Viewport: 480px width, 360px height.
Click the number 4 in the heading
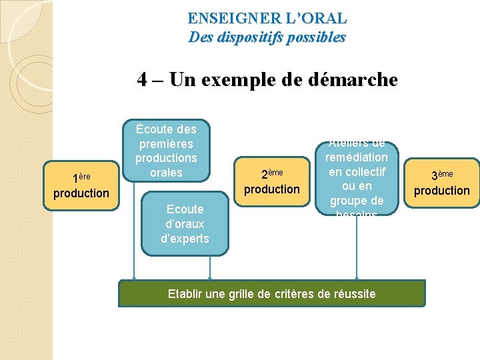click(x=142, y=81)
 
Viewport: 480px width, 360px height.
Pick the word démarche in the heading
click(x=357, y=81)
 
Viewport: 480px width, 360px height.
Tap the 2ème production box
click(x=272, y=182)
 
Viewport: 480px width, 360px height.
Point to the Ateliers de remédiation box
click(x=357, y=179)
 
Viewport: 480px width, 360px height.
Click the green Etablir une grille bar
click(x=271, y=293)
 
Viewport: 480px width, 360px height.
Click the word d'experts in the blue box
click(x=185, y=239)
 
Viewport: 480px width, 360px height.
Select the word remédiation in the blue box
click(x=357, y=157)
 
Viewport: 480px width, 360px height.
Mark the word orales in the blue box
click(x=166, y=173)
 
